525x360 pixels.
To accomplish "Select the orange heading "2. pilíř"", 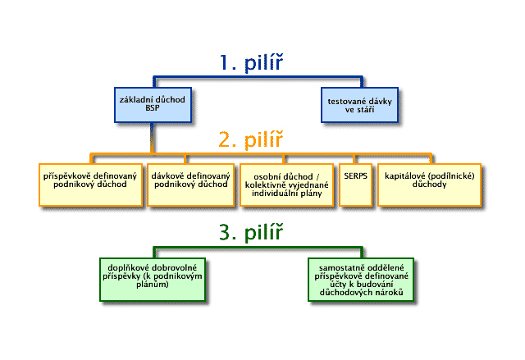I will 251,139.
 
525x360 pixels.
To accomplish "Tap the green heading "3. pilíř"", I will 251,233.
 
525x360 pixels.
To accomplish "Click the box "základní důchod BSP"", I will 153,103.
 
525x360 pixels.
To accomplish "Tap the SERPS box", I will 354,179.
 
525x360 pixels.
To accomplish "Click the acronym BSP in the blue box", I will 153,107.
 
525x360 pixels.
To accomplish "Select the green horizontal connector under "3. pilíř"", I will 254,247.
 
